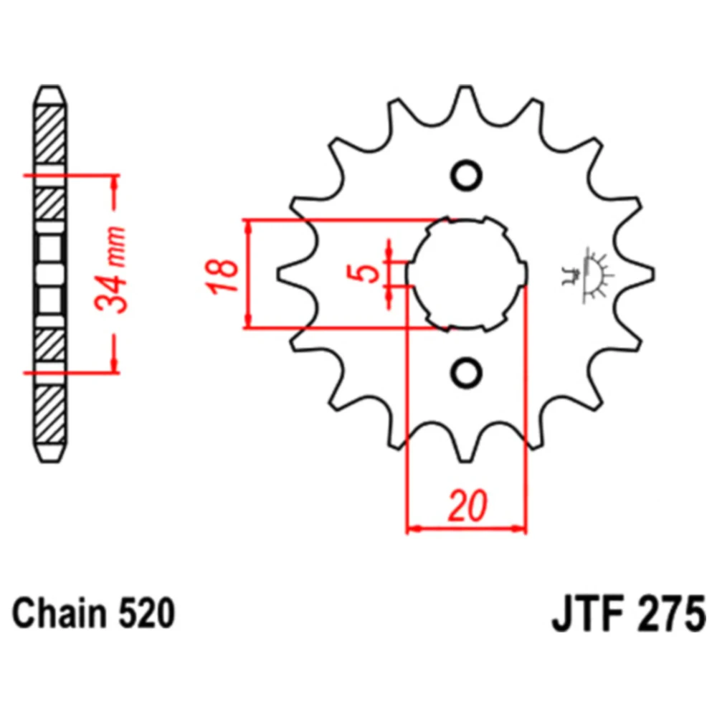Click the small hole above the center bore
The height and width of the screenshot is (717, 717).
[x=466, y=176]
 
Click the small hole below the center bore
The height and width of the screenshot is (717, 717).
[x=466, y=373]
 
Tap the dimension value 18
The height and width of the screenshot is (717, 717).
[x=223, y=276]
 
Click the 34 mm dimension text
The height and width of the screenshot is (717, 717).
[x=110, y=269]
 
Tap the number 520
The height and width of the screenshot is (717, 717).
[x=146, y=613]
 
